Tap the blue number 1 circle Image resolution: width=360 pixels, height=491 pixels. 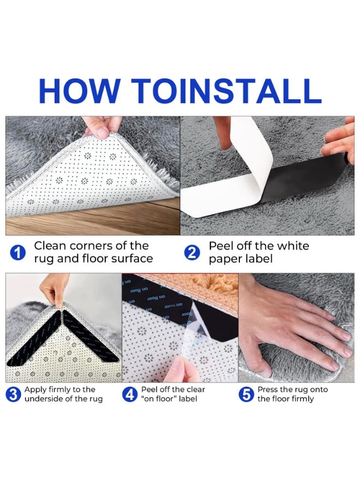(x=19, y=253)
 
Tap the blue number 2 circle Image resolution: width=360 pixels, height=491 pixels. (x=192, y=253)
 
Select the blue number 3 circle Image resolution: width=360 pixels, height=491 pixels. (x=14, y=394)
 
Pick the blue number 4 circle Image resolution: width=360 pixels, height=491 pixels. (x=129, y=394)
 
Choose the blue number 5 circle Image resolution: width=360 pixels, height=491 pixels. (x=247, y=394)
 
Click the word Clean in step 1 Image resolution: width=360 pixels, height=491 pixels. (x=51, y=246)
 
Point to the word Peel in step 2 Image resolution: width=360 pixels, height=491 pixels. (x=221, y=246)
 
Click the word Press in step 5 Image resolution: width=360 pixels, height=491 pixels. (x=268, y=390)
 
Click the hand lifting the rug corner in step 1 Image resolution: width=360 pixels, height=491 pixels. (x=101, y=127)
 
